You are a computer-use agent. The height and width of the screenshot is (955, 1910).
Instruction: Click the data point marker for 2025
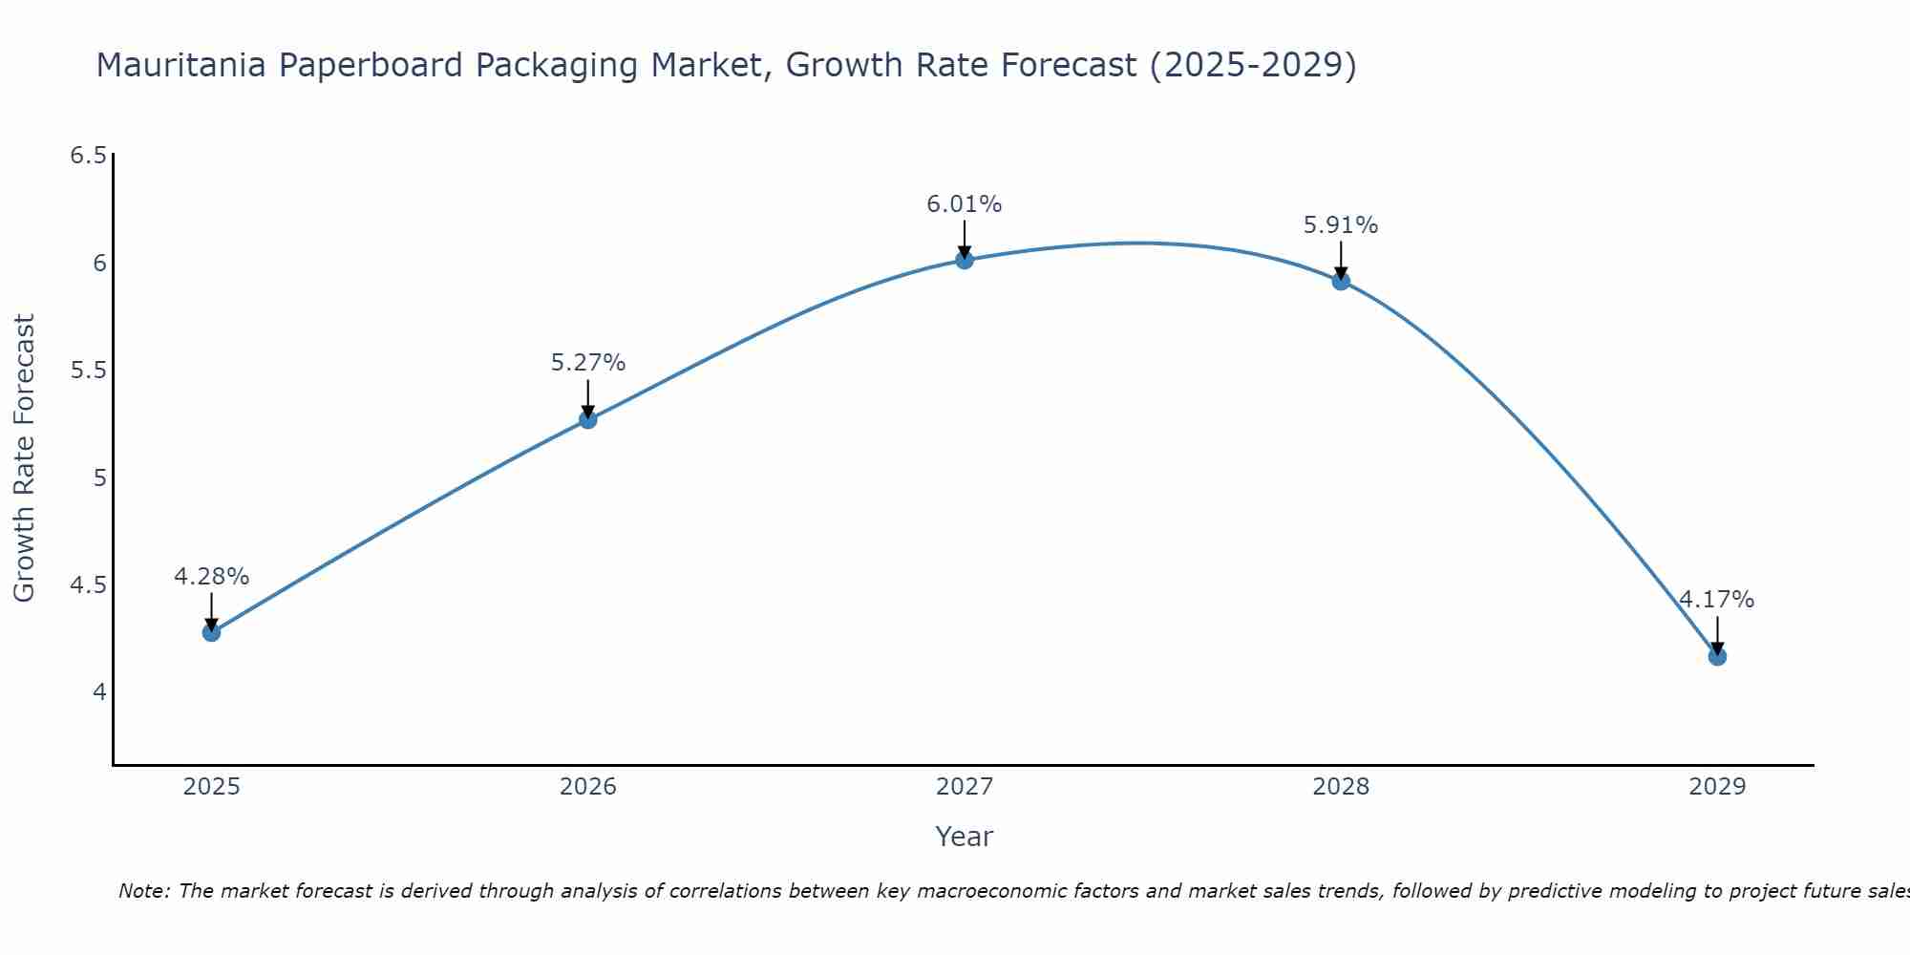[211, 632]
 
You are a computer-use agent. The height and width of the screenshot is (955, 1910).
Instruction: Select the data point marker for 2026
[587, 419]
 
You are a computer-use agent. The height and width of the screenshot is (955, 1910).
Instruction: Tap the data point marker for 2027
[965, 260]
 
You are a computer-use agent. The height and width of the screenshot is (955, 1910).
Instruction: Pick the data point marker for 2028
[1341, 281]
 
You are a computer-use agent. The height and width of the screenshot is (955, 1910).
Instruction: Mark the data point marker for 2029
[1717, 656]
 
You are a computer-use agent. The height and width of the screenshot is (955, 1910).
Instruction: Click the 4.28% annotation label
[211, 577]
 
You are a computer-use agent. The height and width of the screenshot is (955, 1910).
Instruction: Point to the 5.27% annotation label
[587, 363]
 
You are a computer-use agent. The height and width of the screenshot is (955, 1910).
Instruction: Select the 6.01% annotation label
[965, 204]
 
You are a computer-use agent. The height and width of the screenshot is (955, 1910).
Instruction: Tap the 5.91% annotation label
[1341, 225]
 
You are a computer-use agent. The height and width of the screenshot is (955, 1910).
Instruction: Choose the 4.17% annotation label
[1717, 600]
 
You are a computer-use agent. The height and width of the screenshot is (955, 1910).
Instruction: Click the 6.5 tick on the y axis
[88, 156]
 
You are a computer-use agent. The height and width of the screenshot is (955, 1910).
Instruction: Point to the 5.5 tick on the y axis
[88, 371]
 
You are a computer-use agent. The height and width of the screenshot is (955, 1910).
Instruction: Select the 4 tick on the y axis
[99, 691]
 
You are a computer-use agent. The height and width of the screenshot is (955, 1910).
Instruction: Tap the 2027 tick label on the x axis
[965, 787]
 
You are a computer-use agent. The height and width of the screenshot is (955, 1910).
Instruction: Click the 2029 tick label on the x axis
[1717, 787]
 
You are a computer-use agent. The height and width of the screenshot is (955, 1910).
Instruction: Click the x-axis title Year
[965, 837]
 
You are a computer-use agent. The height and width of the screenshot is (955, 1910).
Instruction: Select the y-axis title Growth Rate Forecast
[24, 458]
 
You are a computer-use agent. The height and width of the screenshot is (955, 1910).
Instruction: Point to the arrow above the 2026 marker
[587, 397]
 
